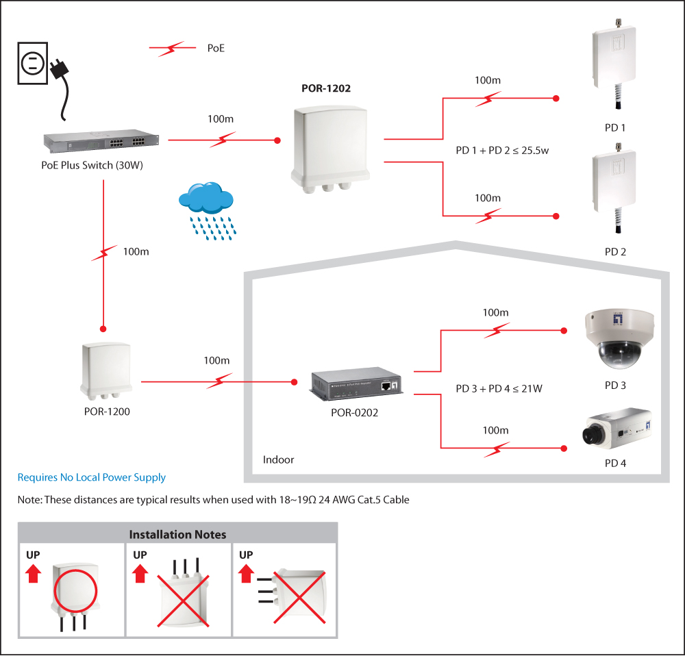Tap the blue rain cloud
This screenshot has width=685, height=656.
[x=206, y=199]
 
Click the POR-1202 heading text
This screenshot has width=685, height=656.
[x=326, y=88]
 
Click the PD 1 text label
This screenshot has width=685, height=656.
[x=615, y=127]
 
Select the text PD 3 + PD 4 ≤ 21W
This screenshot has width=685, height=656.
[x=499, y=389]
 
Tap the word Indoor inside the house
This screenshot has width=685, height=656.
[x=278, y=459]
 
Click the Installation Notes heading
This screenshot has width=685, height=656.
[x=177, y=534]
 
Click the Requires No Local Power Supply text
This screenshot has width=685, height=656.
[x=91, y=477]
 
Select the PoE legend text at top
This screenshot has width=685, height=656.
[x=216, y=48]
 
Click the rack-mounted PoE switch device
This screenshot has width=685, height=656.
[x=101, y=141]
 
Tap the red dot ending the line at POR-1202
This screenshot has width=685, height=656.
[x=277, y=141]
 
